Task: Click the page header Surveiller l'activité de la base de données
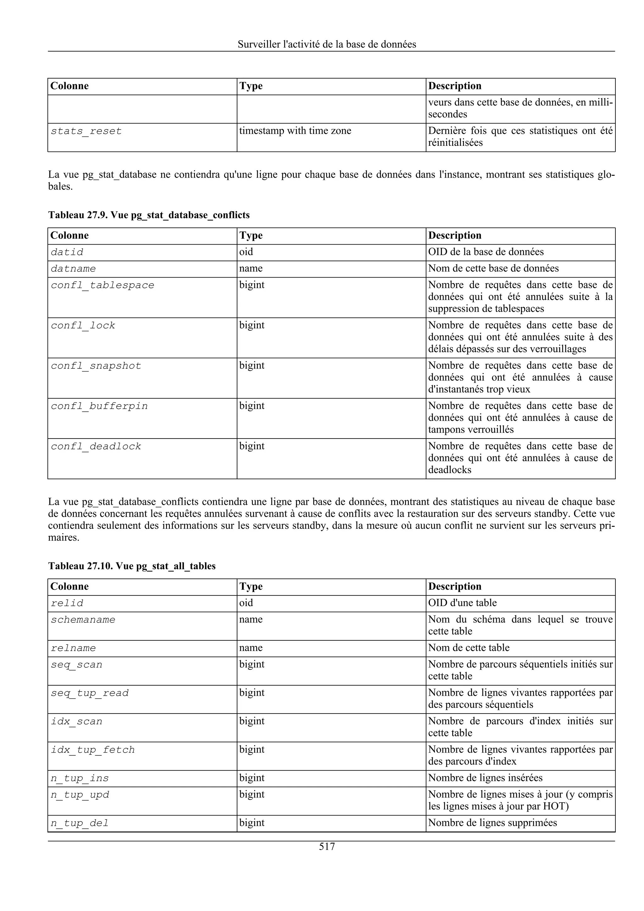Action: tap(327, 44)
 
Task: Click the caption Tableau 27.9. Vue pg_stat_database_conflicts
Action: tap(149, 215)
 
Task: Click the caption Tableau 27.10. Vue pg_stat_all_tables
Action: tap(132, 566)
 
